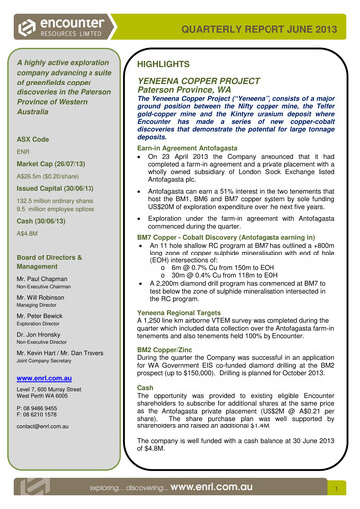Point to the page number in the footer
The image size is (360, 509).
[x=339, y=490]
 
